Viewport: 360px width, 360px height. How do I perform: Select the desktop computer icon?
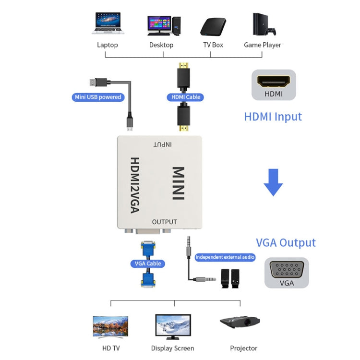pos(163,25)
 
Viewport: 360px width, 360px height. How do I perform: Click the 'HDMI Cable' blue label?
pos(186,97)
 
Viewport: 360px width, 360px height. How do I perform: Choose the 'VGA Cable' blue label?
pos(147,264)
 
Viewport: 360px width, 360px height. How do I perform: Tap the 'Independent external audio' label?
pos(225,257)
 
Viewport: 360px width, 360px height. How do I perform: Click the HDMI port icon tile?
pos(274,85)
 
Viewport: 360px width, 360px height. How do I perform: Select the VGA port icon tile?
pos(287,274)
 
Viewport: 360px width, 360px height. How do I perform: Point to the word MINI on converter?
pos(178,183)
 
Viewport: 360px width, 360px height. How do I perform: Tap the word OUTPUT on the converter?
pos(164,222)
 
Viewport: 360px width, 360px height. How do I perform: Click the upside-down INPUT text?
pos(163,144)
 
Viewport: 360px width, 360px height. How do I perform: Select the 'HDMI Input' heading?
pos(273,117)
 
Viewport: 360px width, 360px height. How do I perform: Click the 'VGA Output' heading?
pos(286,242)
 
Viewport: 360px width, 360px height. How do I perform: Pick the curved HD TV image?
pos(110,326)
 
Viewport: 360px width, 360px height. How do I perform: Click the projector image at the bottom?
pos(240,323)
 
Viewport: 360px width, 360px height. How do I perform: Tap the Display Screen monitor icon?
pos(173,327)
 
